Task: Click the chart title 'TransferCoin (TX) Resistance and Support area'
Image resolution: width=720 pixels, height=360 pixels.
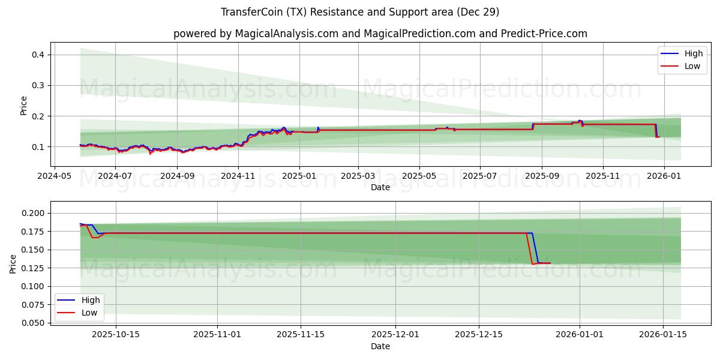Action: click(360, 12)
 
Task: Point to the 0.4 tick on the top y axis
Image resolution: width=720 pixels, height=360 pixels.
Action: click(38, 55)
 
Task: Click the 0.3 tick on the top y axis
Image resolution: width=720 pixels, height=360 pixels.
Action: click(38, 85)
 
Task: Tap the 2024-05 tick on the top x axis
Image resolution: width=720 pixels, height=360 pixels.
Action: click(55, 176)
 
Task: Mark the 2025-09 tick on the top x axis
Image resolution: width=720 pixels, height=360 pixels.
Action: click(542, 176)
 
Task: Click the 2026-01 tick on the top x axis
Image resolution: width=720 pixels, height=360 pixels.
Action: click(664, 176)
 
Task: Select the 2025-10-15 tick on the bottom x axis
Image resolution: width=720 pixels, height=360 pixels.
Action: click(116, 335)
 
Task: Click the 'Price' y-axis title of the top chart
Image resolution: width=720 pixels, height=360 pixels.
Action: click(24, 105)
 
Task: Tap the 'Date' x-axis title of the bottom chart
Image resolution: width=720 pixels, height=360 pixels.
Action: click(380, 346)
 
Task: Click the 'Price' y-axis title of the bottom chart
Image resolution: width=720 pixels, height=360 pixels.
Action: click(13, 263)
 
